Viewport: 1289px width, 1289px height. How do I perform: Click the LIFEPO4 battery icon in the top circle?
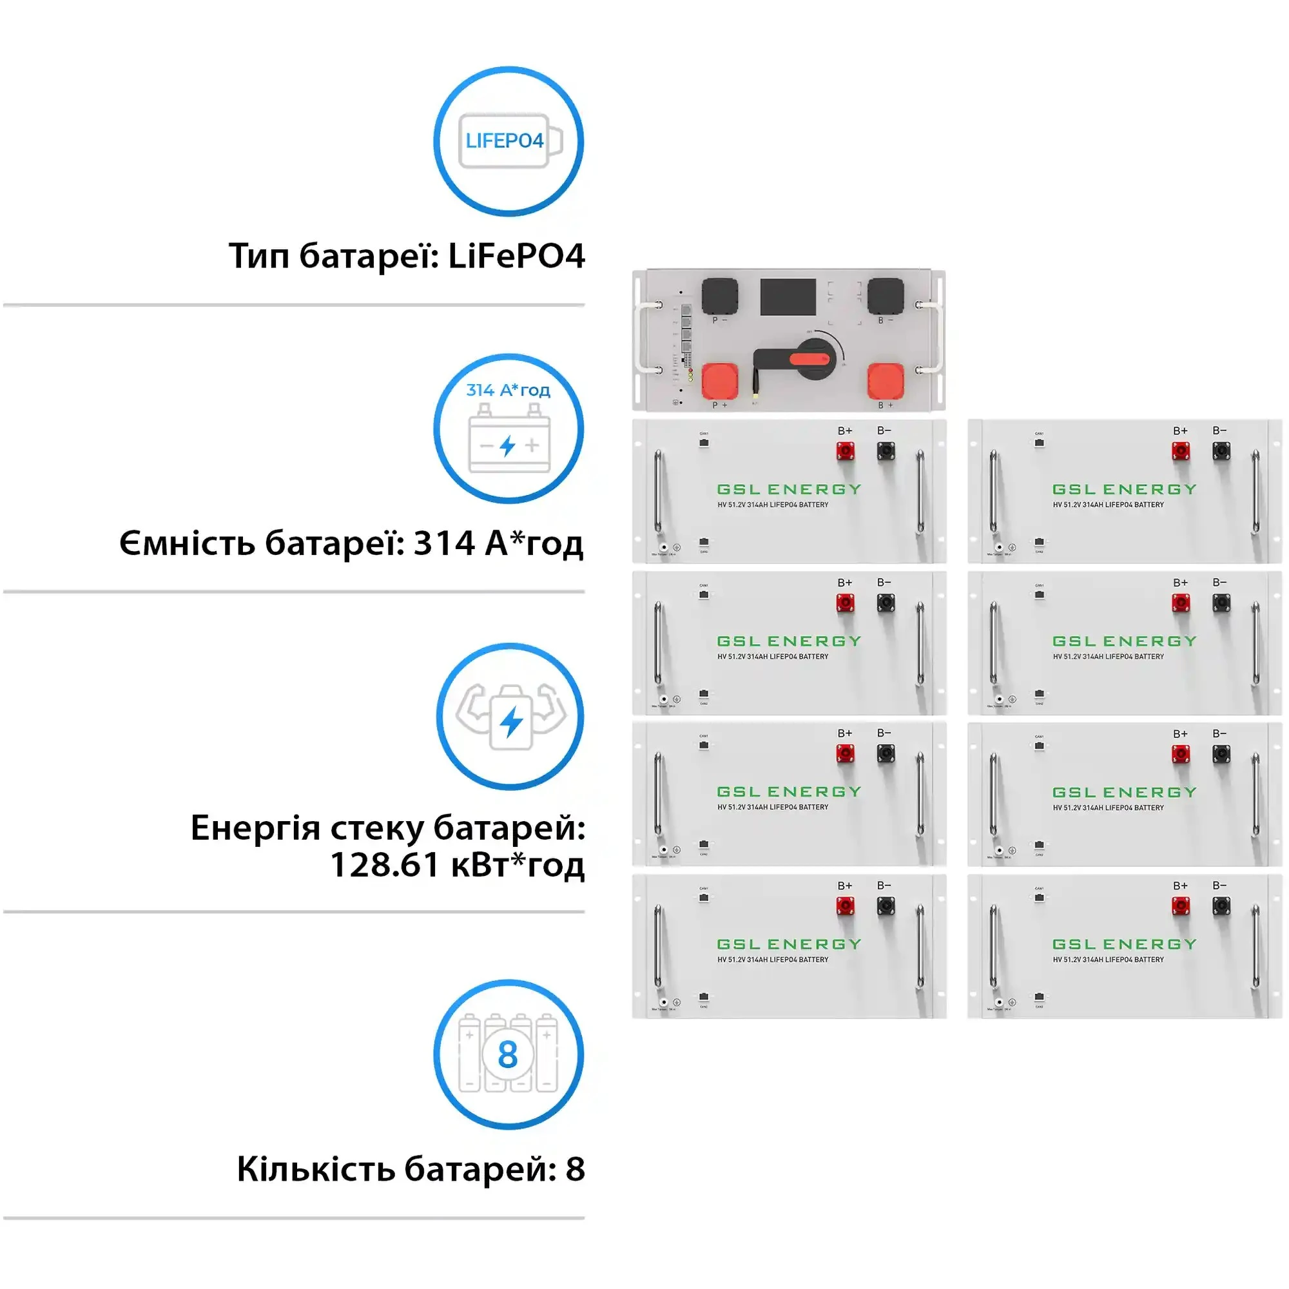(510, 141)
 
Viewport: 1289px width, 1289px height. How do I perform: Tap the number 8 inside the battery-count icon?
(508, 1054)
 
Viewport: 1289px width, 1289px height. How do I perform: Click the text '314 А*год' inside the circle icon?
(508, 390)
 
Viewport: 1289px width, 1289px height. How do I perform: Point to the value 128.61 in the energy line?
(384, 865)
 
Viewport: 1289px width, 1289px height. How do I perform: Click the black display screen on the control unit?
(788, 297)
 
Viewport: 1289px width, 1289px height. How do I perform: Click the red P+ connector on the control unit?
(720, 381)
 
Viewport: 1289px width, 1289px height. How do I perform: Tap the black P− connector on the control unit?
(720, 296)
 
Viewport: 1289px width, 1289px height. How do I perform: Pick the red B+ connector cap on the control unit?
(886, 381)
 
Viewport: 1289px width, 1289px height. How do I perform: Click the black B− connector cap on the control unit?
(886, 296)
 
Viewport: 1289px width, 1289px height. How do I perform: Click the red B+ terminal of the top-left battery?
(846, 452)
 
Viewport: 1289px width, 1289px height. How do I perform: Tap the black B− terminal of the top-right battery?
(1221, 452)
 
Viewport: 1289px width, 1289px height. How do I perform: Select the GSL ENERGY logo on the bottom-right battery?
(1124, 944)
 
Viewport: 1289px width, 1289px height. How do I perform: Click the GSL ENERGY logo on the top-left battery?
(789, 489)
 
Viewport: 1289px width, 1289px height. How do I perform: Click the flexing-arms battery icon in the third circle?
(511, 717)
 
